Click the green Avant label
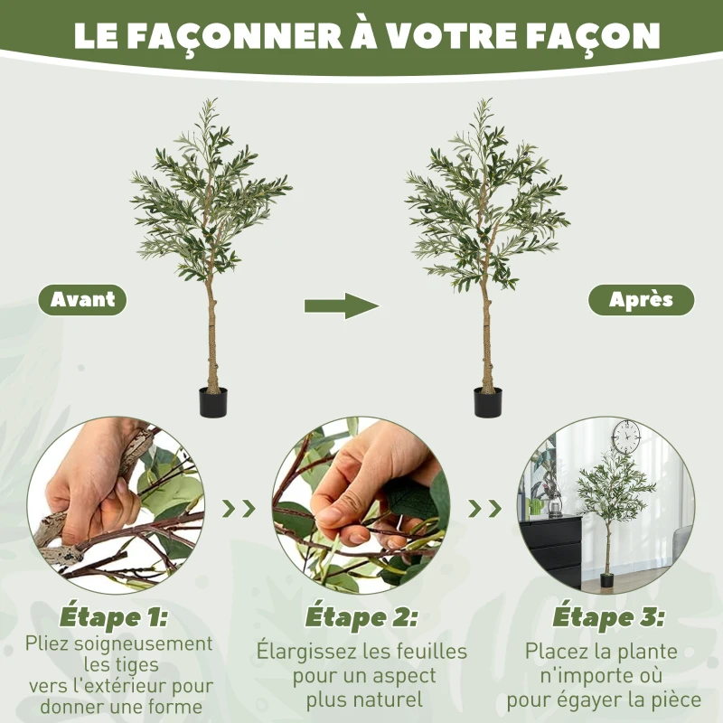point(82,300)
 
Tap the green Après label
point(642,300)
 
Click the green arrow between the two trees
point(342,305)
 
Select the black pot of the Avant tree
point(213,402)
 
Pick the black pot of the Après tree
point(488,402)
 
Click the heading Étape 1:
point(114,618)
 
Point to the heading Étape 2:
point(361,618)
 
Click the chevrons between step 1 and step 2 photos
point(239,508)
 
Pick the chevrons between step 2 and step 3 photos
point(485,508)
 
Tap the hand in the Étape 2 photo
point(361,479)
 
